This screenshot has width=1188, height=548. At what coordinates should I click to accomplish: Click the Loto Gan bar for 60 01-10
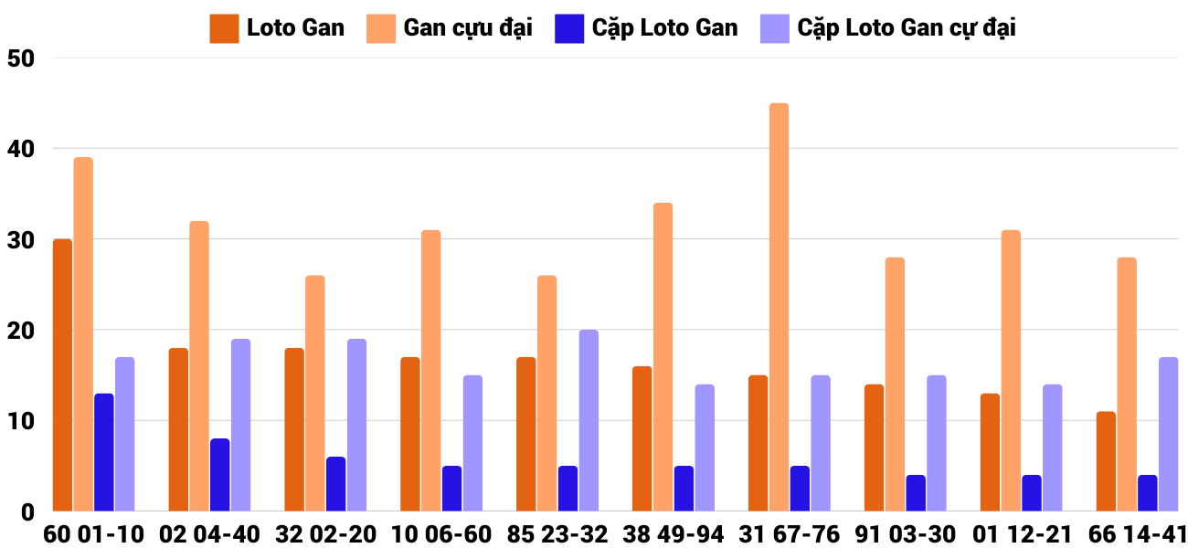pyautogui.click(x=62, y=374)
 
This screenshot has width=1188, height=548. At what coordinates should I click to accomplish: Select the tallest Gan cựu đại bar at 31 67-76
pyautogui.click(x=779, y=307)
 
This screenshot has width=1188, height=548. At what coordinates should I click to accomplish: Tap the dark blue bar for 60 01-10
pyautogui.click(x=104, y=452)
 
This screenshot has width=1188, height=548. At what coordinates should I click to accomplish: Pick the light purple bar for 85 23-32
pyautogui.click(x=589, y=420)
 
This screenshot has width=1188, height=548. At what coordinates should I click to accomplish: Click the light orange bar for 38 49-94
pyautogui.click(x=663, y=357)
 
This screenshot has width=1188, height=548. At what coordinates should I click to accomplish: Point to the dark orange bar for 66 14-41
pyautogui.click(x=1106, y=461)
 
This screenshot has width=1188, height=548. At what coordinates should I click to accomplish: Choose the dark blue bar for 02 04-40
pyautogui.click(x=220, y=475)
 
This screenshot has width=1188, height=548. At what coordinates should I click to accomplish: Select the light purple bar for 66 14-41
pyautogui.click(x=1168, y=434)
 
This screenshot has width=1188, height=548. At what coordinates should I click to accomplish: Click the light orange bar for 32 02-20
pyautogui.click(x=315, y=393)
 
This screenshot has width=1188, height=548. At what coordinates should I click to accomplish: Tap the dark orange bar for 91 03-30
pyautogui.click(x=874, y=448)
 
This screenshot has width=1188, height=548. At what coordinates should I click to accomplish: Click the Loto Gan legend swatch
pyautogui.click(x=224, y=28)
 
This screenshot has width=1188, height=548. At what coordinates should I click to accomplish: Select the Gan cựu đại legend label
pyautogui.click(x=468, y=28)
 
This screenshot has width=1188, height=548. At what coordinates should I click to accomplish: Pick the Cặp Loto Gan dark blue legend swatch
pyautogui.click(x=568, y=28)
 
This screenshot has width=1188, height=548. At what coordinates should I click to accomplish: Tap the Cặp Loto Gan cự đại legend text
pyautogui.click(x=906, y=28)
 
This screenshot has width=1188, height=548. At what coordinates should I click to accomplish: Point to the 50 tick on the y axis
pyautogui.click(x=20, y=58)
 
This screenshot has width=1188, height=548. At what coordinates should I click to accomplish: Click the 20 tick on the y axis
pyautogui.click(x=20, y=331)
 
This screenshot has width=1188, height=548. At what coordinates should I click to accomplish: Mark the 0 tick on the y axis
pyautogui.click(x=27, y=511)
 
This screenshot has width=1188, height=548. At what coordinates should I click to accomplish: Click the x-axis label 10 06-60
pyautogui.click(x=441, y=534)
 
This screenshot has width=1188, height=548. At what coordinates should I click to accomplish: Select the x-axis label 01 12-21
pyautogui.click(x=1021, y=534)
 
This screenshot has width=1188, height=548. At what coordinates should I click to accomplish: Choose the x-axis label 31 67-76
pyautogui.click(x=790, y=534)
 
